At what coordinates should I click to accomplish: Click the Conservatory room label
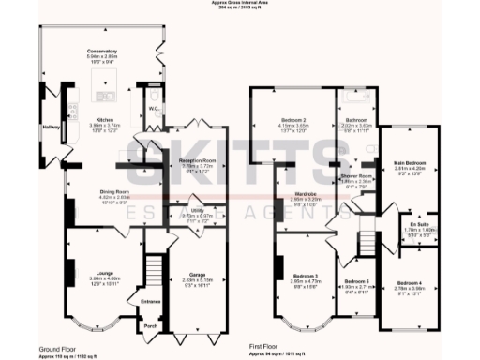(102, 50)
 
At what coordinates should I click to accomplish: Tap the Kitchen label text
(102, 119)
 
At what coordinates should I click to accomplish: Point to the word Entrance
(150, 301)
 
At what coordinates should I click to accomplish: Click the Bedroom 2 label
(294, 120)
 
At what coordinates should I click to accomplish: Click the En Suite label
(406, 225)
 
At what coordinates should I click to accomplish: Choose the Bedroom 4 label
(409, 281)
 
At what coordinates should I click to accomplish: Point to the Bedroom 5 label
(355, 281)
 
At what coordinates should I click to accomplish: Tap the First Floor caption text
(266, 346)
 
